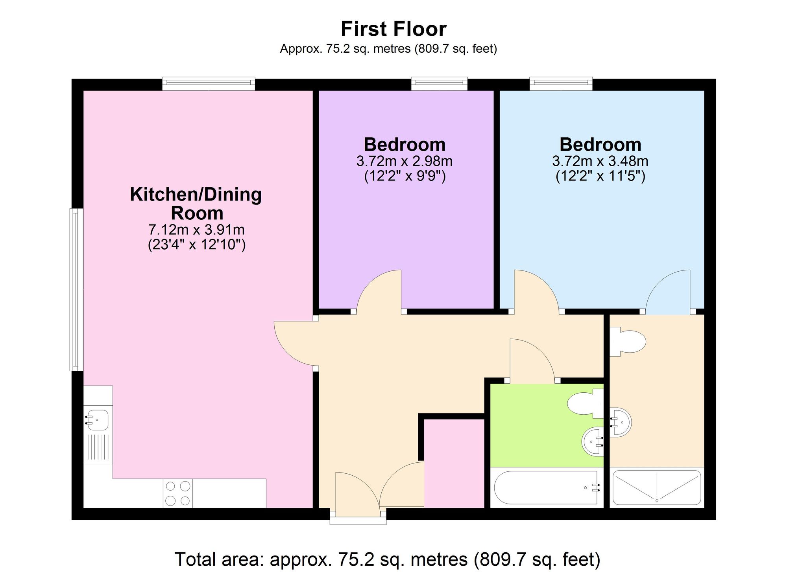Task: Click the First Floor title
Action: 393,29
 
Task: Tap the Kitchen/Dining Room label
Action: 196,204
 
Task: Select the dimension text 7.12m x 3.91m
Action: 196,229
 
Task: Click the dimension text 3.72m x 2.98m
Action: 405,161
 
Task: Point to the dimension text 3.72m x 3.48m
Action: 600,161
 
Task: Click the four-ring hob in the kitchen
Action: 178,493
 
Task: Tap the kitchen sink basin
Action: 97,420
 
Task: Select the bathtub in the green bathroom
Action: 547,487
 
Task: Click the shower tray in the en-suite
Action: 656,487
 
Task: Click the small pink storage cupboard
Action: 454,464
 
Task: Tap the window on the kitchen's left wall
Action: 77,289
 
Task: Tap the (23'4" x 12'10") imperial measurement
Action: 196,245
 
